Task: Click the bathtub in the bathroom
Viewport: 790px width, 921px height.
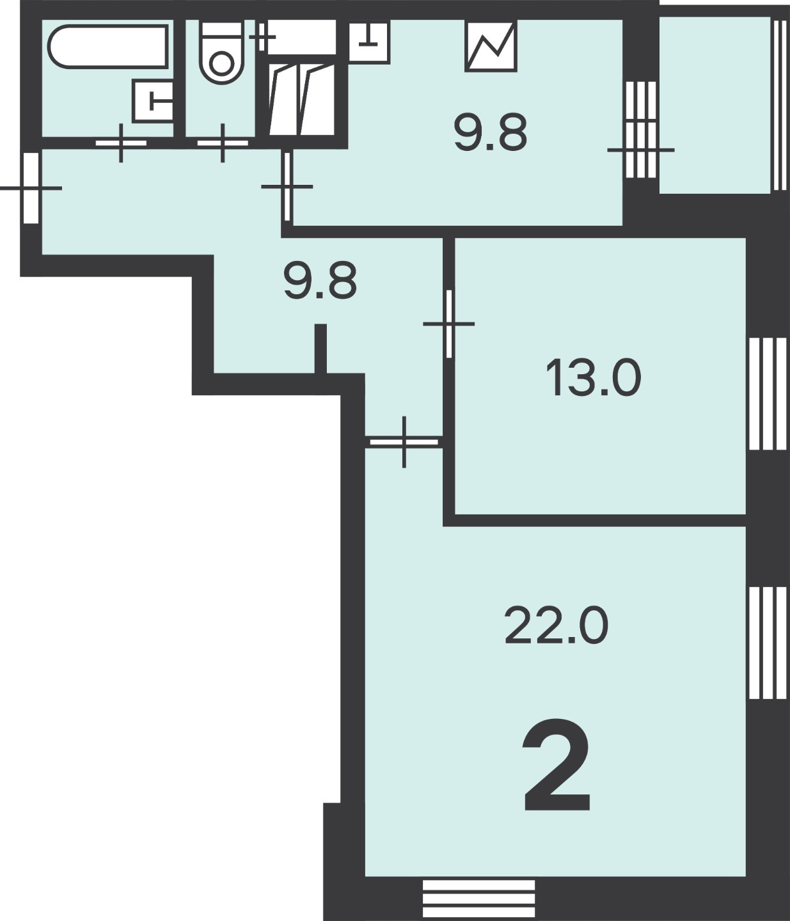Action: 108,46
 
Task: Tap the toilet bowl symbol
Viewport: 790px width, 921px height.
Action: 221,52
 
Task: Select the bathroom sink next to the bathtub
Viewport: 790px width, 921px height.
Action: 153,101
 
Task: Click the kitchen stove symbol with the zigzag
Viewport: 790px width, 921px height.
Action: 491,46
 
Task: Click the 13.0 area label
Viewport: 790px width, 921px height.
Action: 593,378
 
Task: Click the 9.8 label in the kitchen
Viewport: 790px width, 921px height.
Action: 491,133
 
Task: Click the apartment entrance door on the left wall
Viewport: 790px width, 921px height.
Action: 31,188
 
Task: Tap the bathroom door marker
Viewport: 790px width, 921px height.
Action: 121,143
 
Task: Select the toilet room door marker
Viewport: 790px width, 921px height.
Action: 223,143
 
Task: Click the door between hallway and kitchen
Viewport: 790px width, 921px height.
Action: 287,187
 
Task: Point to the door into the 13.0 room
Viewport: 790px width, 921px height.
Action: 448,324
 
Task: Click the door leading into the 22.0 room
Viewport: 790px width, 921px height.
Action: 404,442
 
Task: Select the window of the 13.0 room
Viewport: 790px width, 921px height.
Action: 768,394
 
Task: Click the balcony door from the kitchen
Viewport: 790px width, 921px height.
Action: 641,130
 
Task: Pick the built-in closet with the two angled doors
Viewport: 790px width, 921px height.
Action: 303,99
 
